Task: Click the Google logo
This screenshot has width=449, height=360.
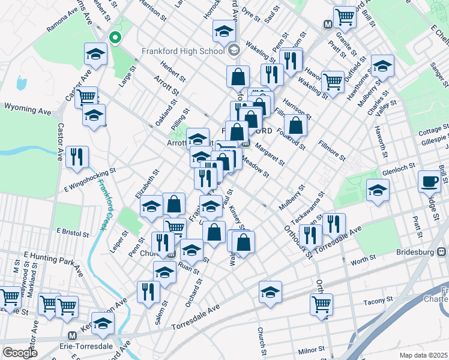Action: click(x=20, y=353)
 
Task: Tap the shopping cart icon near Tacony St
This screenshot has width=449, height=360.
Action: click(x=321, y=304)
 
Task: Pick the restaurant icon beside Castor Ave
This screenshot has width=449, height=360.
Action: click(x=77, y=157)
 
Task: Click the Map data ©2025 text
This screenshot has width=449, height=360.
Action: click(x=423, y=355)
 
